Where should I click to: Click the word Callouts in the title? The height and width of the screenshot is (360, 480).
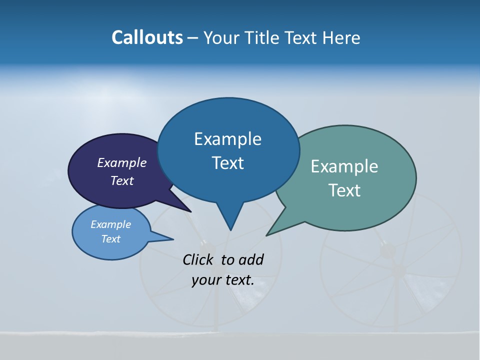pyautogui.click(x=147, y=37)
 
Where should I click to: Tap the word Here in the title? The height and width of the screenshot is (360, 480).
pyautogui.click(x=341, y=37)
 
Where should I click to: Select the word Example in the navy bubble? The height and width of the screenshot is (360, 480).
pyautogui.click(x=121, y=162)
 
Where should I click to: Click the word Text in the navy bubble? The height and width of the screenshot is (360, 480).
pyautogui.click(x=121, y=180)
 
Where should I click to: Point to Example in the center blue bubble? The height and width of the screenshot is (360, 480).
pyautogui.click(x=227, y=139)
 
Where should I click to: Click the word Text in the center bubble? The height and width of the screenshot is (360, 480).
pyautogui.click(x=227, y=163)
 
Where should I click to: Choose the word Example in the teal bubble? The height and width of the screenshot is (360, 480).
pyautogui.click(x=344, y=166)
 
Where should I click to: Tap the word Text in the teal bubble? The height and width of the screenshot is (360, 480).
pyautogui.click(x=344, y=190)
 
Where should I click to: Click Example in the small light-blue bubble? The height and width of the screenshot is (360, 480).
pyautogui.click(x=110, y=224)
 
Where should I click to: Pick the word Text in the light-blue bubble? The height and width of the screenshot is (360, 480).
pyautogui.click(x=110, y=239)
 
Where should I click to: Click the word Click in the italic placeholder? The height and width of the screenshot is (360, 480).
pyautogui.click(x=199, y=259)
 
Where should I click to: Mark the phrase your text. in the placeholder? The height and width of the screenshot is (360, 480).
pyautogui.click(x=222, y=280)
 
